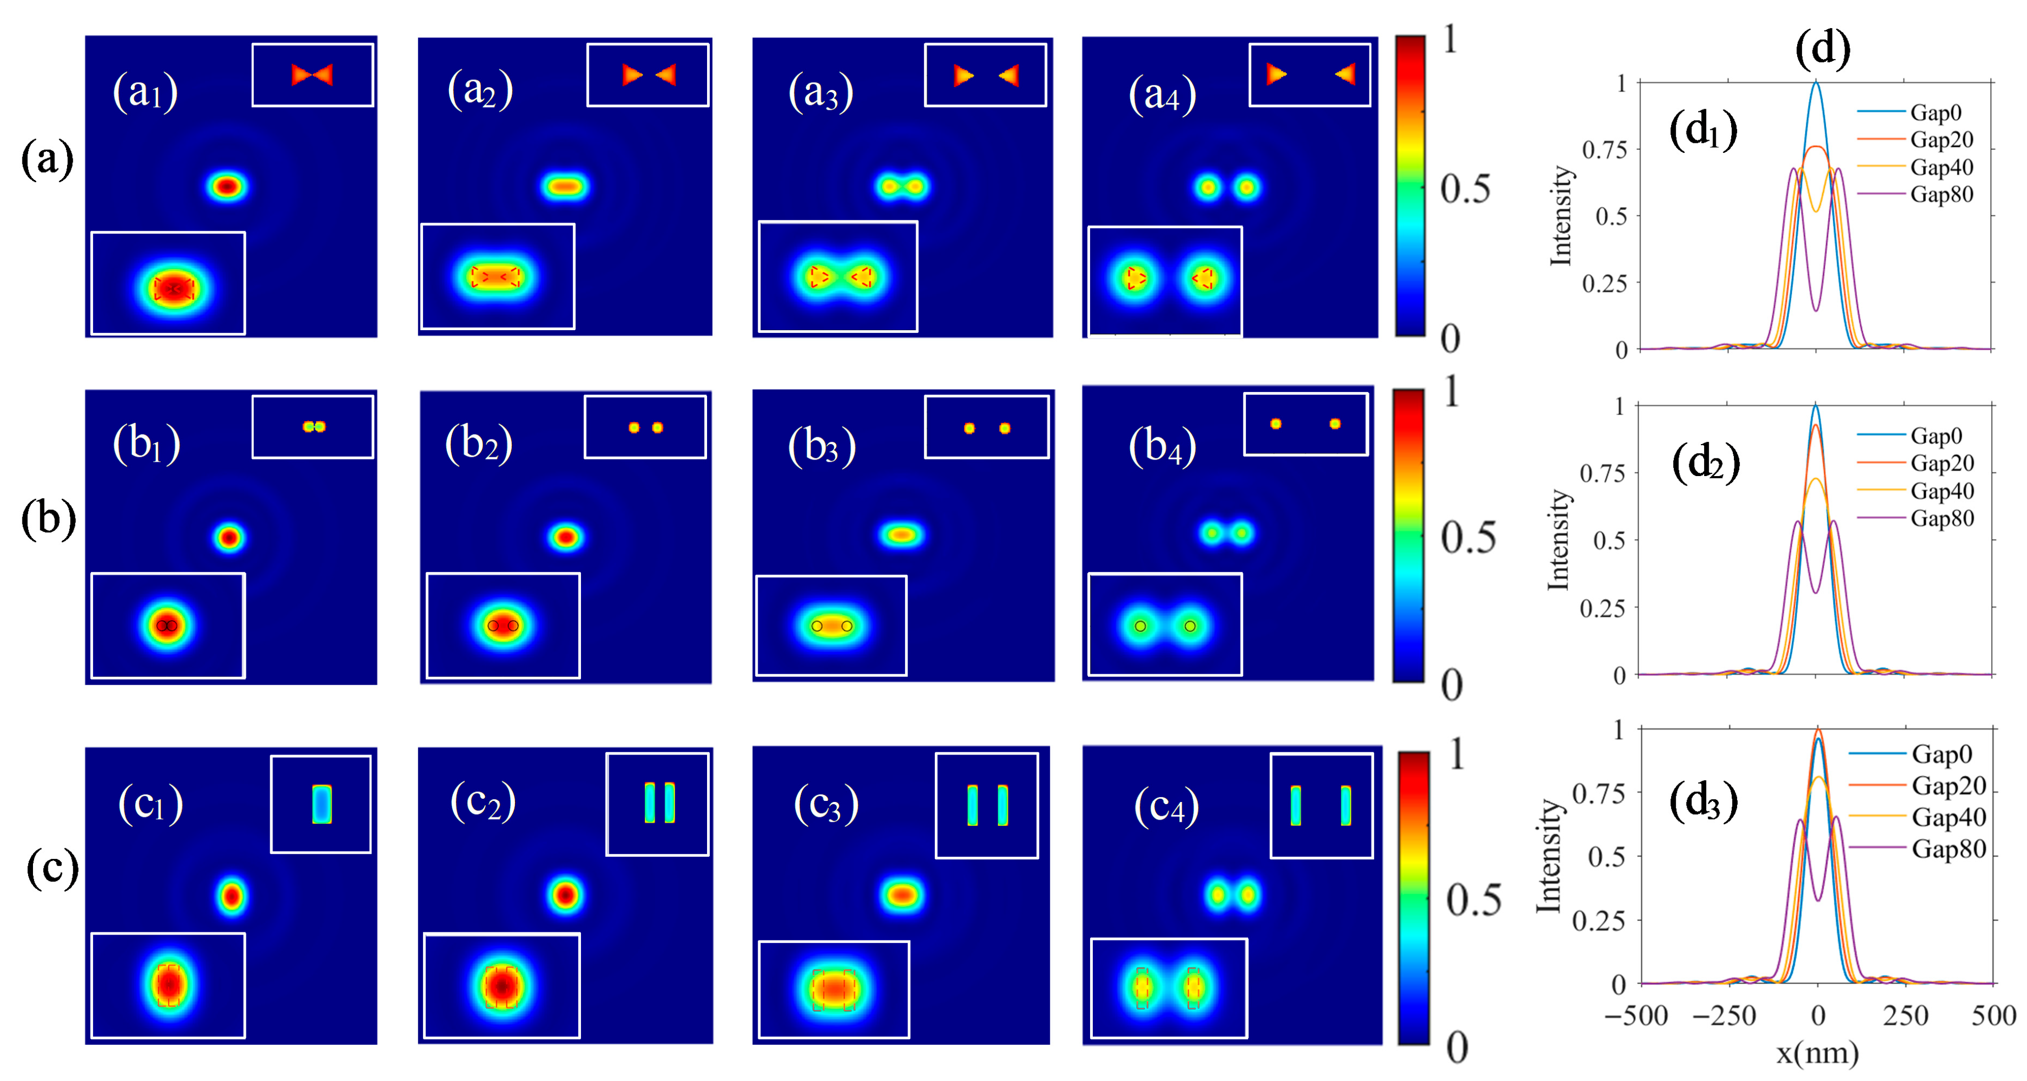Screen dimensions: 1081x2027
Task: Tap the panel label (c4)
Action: pos(1166,806)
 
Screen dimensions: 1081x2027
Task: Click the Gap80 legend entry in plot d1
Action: pos(1941,194)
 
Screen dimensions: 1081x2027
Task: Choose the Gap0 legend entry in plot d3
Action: pos(1941,754)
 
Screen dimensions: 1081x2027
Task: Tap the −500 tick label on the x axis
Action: pos(1636,1016)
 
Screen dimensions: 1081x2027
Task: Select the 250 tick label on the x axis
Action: pos(1905,1016)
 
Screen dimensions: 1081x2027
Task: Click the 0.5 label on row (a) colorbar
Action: pos(1465,189)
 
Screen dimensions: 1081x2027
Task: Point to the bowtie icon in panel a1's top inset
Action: pos(312,75)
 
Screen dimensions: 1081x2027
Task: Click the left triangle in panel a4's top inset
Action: pos(1276,75)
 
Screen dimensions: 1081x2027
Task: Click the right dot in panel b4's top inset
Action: pos(1334,423)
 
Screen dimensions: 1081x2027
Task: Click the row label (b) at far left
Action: pos(48,519)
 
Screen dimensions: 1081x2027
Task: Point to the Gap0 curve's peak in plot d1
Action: pos(1816,82)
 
